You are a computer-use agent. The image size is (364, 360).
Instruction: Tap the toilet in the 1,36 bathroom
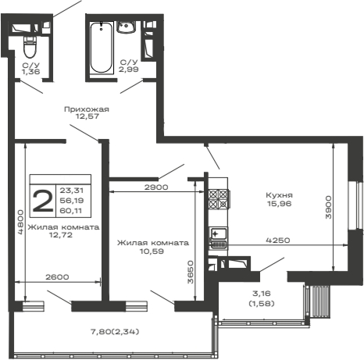click(30, 41)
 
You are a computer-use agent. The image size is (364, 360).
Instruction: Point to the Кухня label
click(279, 195)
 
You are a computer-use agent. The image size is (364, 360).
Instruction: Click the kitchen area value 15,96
click(279, 205)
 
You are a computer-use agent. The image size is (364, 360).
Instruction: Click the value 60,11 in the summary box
click(73, 210)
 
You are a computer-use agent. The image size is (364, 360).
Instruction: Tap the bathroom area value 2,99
click(128, 70)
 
